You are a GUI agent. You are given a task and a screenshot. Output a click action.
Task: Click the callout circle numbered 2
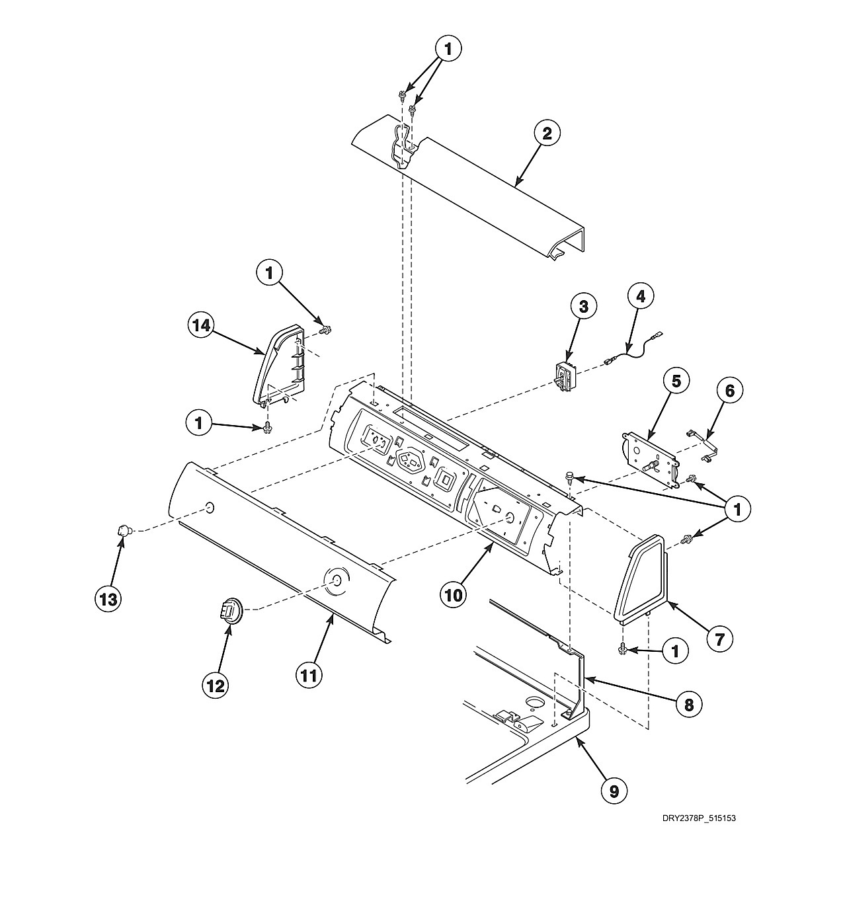click(547, 134)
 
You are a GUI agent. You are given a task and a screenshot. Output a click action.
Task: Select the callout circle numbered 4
click(641, 297)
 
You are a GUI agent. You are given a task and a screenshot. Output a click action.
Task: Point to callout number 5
click(676, 381)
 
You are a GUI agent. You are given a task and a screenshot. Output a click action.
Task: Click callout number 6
click(730, 391)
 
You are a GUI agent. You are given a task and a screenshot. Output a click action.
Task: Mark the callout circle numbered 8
click(688, 705)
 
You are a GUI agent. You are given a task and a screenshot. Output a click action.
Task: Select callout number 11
click(309, 676)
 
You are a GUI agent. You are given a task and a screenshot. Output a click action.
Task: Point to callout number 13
click(108, 599)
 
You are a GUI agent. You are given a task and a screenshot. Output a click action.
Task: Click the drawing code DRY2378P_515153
click(699, 818)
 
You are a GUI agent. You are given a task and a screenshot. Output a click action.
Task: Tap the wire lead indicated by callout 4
click(633, 349)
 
